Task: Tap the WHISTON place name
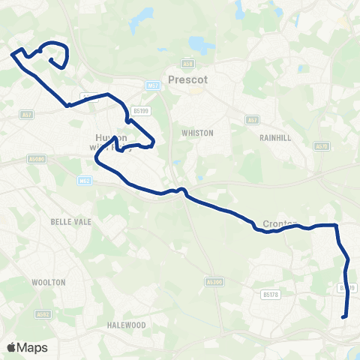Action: (198, 133)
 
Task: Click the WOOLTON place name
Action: (49, 282)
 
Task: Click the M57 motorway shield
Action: (154, 86)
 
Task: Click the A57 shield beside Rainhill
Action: (253, 119)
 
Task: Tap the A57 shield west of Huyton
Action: (28, 115)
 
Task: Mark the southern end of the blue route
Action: (343, 317)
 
